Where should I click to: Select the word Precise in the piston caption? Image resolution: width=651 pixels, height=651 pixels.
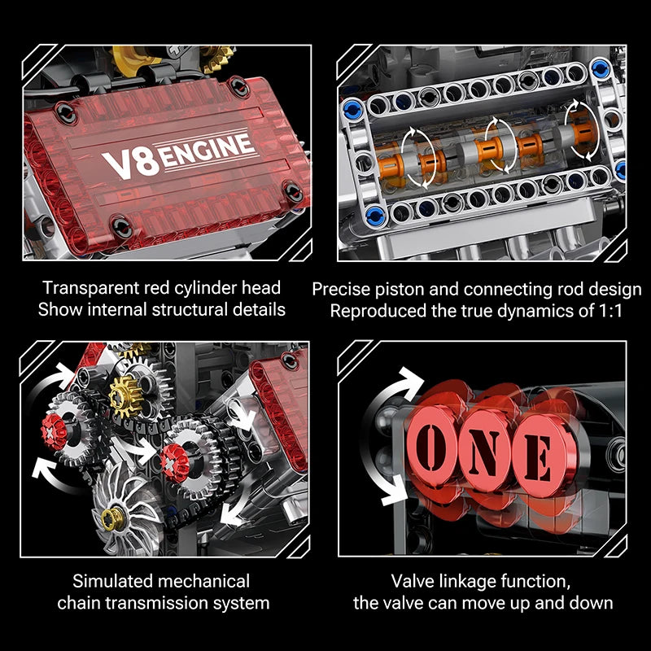(x=341, y=289)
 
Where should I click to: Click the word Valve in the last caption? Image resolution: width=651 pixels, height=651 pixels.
(x=413, y=581)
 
